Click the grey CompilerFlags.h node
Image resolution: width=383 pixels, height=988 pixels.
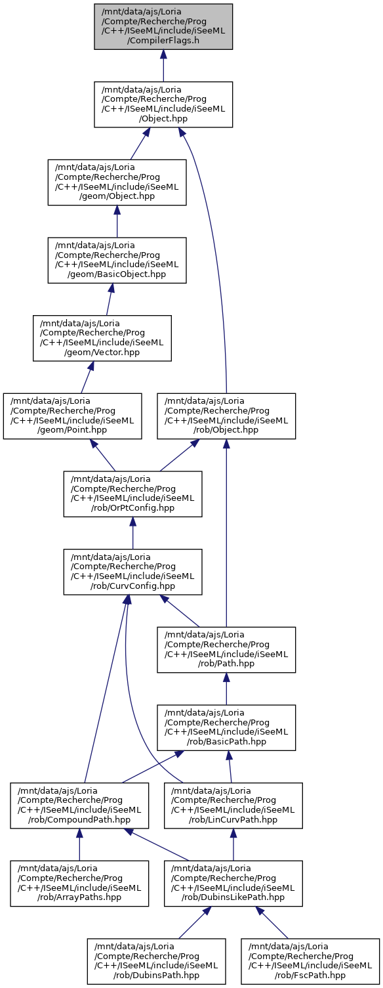pos(163,26)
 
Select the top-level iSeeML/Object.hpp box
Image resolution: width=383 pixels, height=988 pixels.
pos(163,104)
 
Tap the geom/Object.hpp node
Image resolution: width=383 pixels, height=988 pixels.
pos(117,182)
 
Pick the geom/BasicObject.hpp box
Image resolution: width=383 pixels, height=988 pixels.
pos(117,260)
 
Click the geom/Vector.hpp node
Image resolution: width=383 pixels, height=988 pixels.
pos(102,338)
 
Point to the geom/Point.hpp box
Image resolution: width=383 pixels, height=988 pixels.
pos(72,416)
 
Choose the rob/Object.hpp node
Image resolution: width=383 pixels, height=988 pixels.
pos(226,416)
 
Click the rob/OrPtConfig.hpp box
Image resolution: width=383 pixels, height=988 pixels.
pos(132,494)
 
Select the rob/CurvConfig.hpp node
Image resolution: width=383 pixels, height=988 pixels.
pos(132,572)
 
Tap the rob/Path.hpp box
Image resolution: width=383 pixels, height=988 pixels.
pos(226,650)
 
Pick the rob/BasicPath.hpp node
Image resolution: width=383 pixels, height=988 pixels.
pos(226,728)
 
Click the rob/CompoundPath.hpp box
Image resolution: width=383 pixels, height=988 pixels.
pos(79,805)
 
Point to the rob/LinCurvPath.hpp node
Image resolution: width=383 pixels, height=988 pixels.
pos(233,805)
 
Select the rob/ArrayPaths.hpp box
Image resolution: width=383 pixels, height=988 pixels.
pos(79,884)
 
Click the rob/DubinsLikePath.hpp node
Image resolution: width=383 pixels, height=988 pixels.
pos(233,884)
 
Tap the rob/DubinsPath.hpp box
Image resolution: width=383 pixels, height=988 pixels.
pos(156,962)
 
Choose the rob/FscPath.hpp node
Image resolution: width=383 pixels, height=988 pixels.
pos(310,962)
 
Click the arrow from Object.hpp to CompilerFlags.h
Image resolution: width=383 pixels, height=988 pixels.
pos(163,66)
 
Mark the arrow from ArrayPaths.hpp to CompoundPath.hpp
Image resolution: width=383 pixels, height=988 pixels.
pos(79,845)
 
